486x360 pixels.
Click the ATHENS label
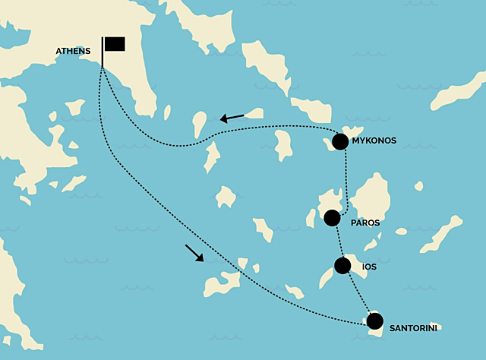pyautogui.click(x=73, y=52)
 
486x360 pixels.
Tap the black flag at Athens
pyautogui.click(x=115, y=43)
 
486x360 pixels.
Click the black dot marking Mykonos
pyautogui.click(x=340, y=141)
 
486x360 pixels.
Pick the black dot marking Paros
pyautogui.click(x=332, y=218)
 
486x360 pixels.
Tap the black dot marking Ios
pyautogui.click(x=342, y=266)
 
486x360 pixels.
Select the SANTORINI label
pyautogui.click(x=414, y=329)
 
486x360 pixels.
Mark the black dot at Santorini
pyautogui.click(x=375, y=321)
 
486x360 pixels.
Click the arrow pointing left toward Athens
pyautogui.click(x=232, y=117)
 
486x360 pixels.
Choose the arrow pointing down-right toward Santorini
pyautogui.click(x=194, y=253)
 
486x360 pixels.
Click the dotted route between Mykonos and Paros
pyautogui.click(x=346, y=178)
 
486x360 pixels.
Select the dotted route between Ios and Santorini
pyautogui.click(x=358, y=294)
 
